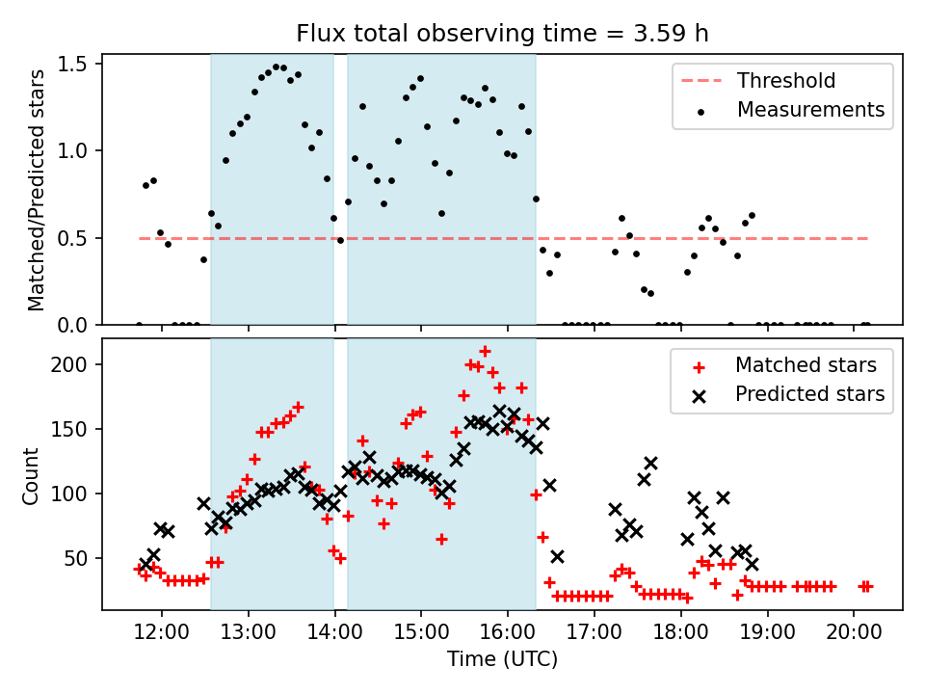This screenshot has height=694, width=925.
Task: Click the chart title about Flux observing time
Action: (x=502, y=34)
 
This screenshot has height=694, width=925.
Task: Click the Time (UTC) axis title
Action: (x=502, y=660)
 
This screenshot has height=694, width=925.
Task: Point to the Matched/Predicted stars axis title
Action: (x=37, y=190)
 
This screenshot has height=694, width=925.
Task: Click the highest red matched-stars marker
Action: (x=485, y=352)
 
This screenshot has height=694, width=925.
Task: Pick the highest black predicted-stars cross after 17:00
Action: (x=650, y=464)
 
